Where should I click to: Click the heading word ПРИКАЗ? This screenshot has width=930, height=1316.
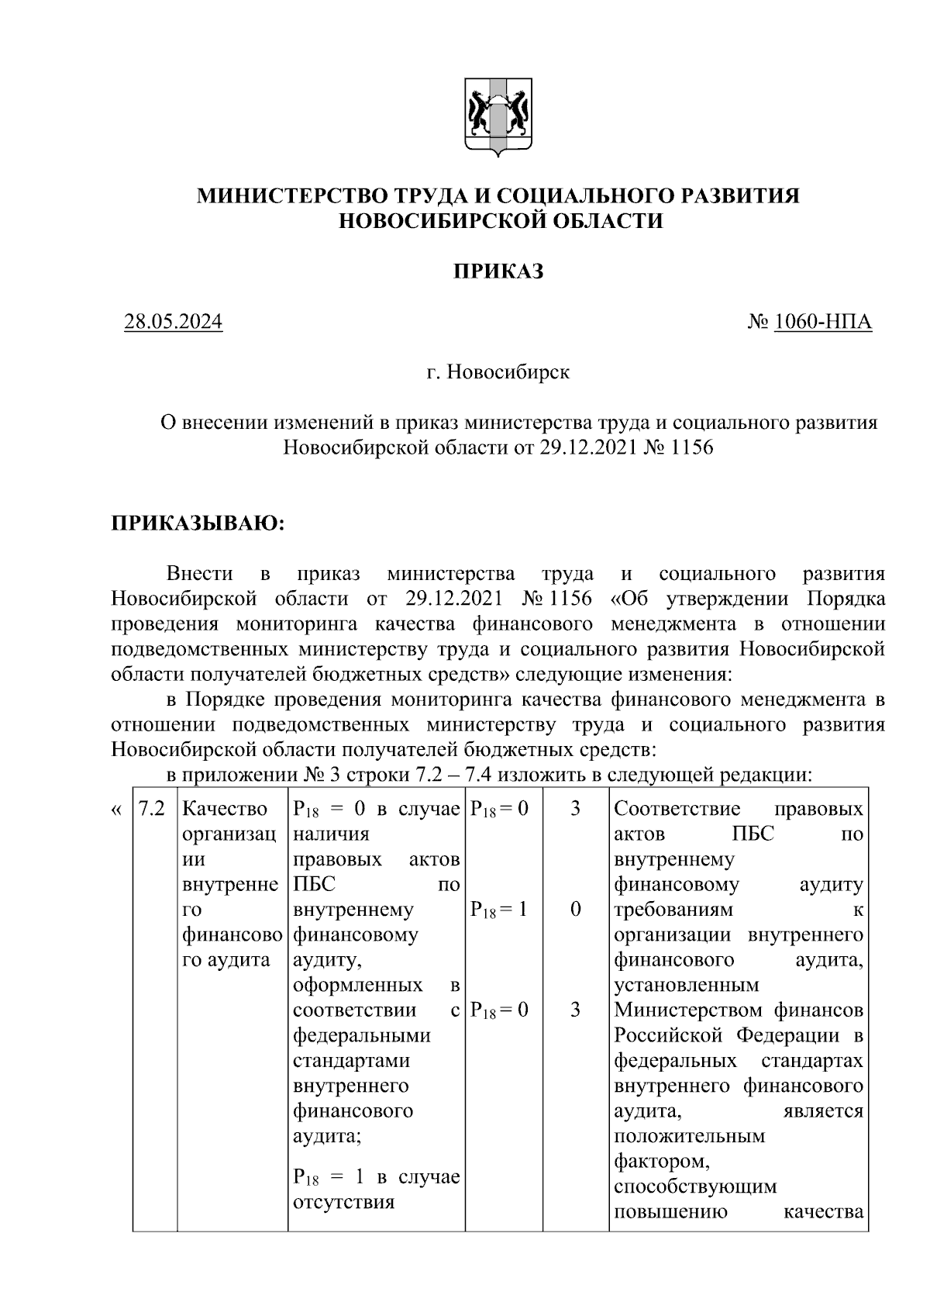click(498, 271)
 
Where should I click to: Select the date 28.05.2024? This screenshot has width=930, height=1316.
click(174, 322)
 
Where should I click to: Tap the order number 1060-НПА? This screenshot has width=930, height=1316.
click(823, 322)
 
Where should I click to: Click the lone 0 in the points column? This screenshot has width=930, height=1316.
click(575, 909)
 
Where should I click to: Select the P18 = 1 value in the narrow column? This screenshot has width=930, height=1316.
click(499, 910)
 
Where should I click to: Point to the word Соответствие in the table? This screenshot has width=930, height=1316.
click(677, 809)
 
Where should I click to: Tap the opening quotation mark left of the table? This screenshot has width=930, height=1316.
click(116, 809)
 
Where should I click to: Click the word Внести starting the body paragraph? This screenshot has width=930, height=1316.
click(200, 574)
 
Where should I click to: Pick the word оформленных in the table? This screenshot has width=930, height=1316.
click(358, 985)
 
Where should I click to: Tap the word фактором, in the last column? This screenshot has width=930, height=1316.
click(660, 1161)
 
